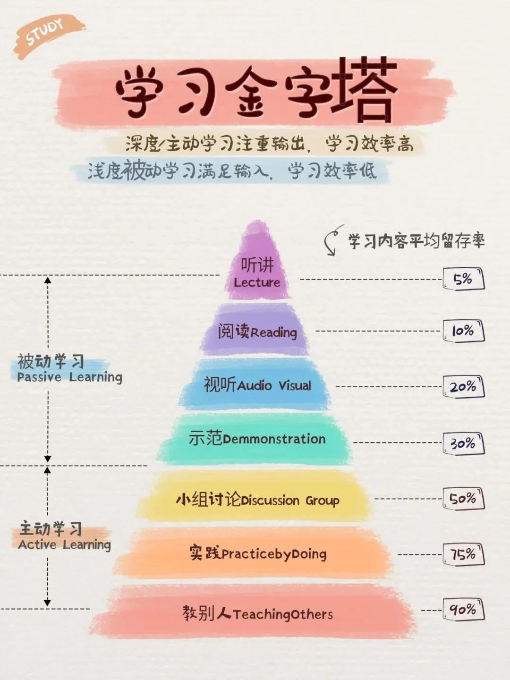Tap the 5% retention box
tap(464, 279)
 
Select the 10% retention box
tap(464, 331)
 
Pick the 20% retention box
tap(464, 387)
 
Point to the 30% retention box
tap(464, 443)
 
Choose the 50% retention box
tap(464, 499)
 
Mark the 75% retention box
tap(464, 554)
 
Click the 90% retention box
tap(464, 610)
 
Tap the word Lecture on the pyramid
tap(257, 282)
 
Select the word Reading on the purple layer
tap(274, 332)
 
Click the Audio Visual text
tap(274, 386)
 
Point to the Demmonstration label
tap(274, 439)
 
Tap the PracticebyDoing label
tap(274, 554)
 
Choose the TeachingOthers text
tap(282, 614)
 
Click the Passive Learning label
tap(69, 377)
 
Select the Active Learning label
tap(64, 544)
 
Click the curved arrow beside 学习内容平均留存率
tap(332, 240)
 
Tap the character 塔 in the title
tap(364, 90)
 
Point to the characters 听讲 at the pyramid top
tap(257, 265)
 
